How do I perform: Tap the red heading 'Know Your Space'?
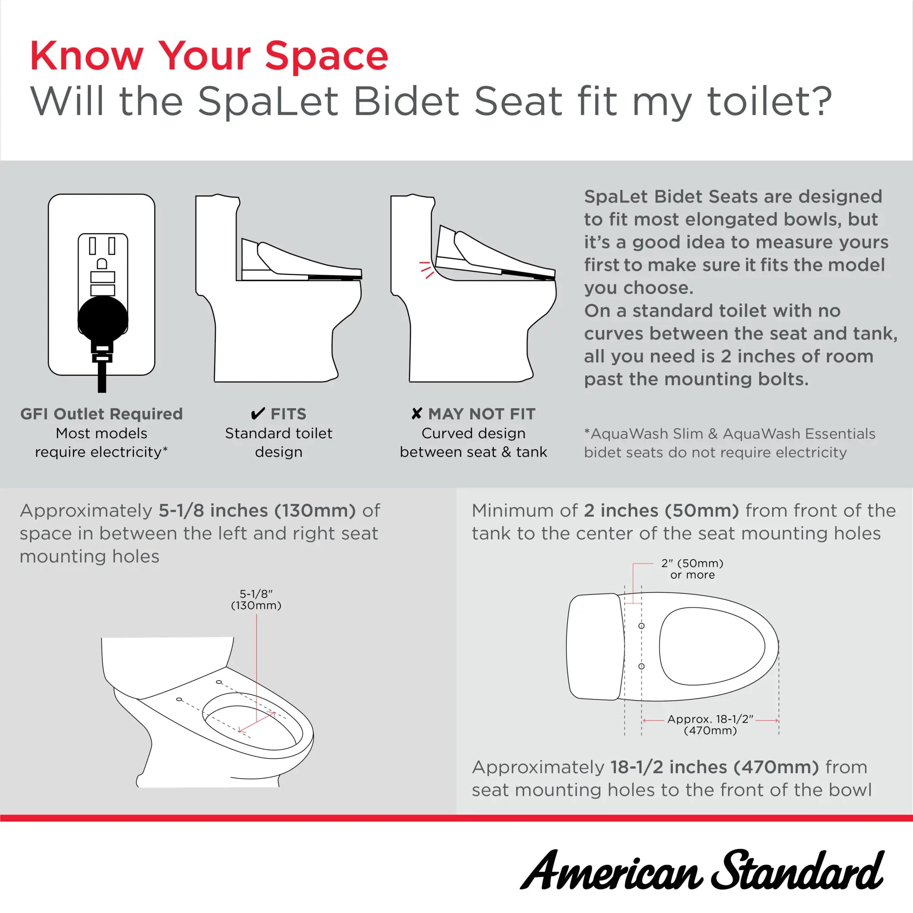pyautogui.click(x=209, y=56)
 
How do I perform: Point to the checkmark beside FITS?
pyautogui.click(x=257, y=414)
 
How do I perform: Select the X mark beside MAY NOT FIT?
pyautogui.click(x=416, y=414)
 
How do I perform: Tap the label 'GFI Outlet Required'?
pyautogui.click(x=101, y=414)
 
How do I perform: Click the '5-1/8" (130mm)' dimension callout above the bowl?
pyautogui.click(x=256, y=600)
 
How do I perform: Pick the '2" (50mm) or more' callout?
pyautogui.click(x=692, y=569)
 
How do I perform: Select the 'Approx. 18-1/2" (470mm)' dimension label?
pyautogui.click(x=710, y=724)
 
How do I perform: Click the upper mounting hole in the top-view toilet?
pyautogui.click(x=641, y=626)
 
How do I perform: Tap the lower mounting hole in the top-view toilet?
pyautogui.click(x=641, y=666)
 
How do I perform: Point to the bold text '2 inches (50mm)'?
pyautogui.click(x=661, y=510)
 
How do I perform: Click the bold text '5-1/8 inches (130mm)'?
pyautogui.click(x=257, y=510)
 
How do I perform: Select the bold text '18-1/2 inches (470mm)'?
pyautogui.click(x=714, y=767)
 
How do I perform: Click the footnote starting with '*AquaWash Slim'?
pyautogui.click(x=729, y=443)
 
